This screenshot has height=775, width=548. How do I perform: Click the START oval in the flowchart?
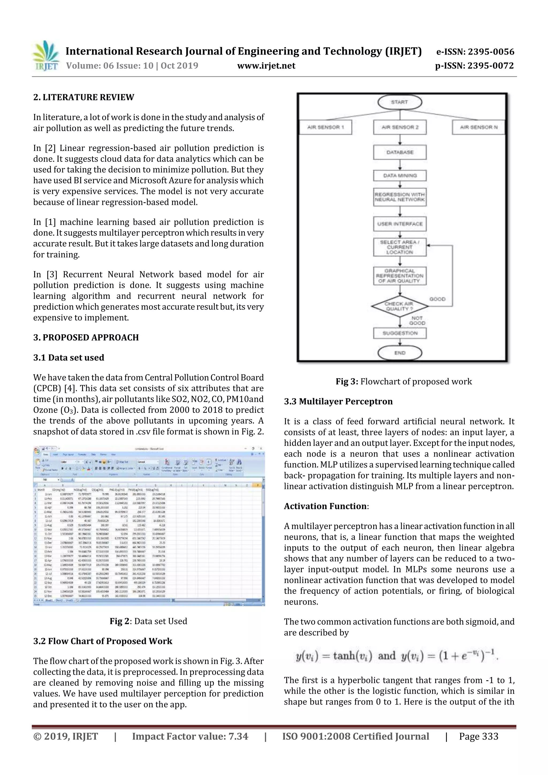399,102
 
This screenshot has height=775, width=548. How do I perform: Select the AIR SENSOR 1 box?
325,127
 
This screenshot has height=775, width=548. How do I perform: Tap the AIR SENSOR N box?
478,127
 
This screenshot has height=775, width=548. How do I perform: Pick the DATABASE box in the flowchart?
400,152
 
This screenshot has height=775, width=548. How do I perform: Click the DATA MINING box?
400,175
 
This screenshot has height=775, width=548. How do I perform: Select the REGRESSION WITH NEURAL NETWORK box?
400,197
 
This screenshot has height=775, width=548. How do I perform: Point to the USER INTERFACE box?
400,224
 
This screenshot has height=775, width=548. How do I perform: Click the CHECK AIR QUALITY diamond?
399,306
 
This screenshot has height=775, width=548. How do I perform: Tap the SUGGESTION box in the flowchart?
400,333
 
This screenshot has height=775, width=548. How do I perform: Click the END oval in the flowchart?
400,353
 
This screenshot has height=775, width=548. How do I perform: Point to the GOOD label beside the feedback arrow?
437,299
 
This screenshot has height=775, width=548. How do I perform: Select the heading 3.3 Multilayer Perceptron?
338,401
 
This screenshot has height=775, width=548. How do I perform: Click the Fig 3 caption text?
404,381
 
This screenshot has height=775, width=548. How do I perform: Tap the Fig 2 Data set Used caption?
148,621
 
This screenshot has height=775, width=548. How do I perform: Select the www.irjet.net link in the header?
266,66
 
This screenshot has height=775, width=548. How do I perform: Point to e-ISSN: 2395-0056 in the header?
475,52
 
